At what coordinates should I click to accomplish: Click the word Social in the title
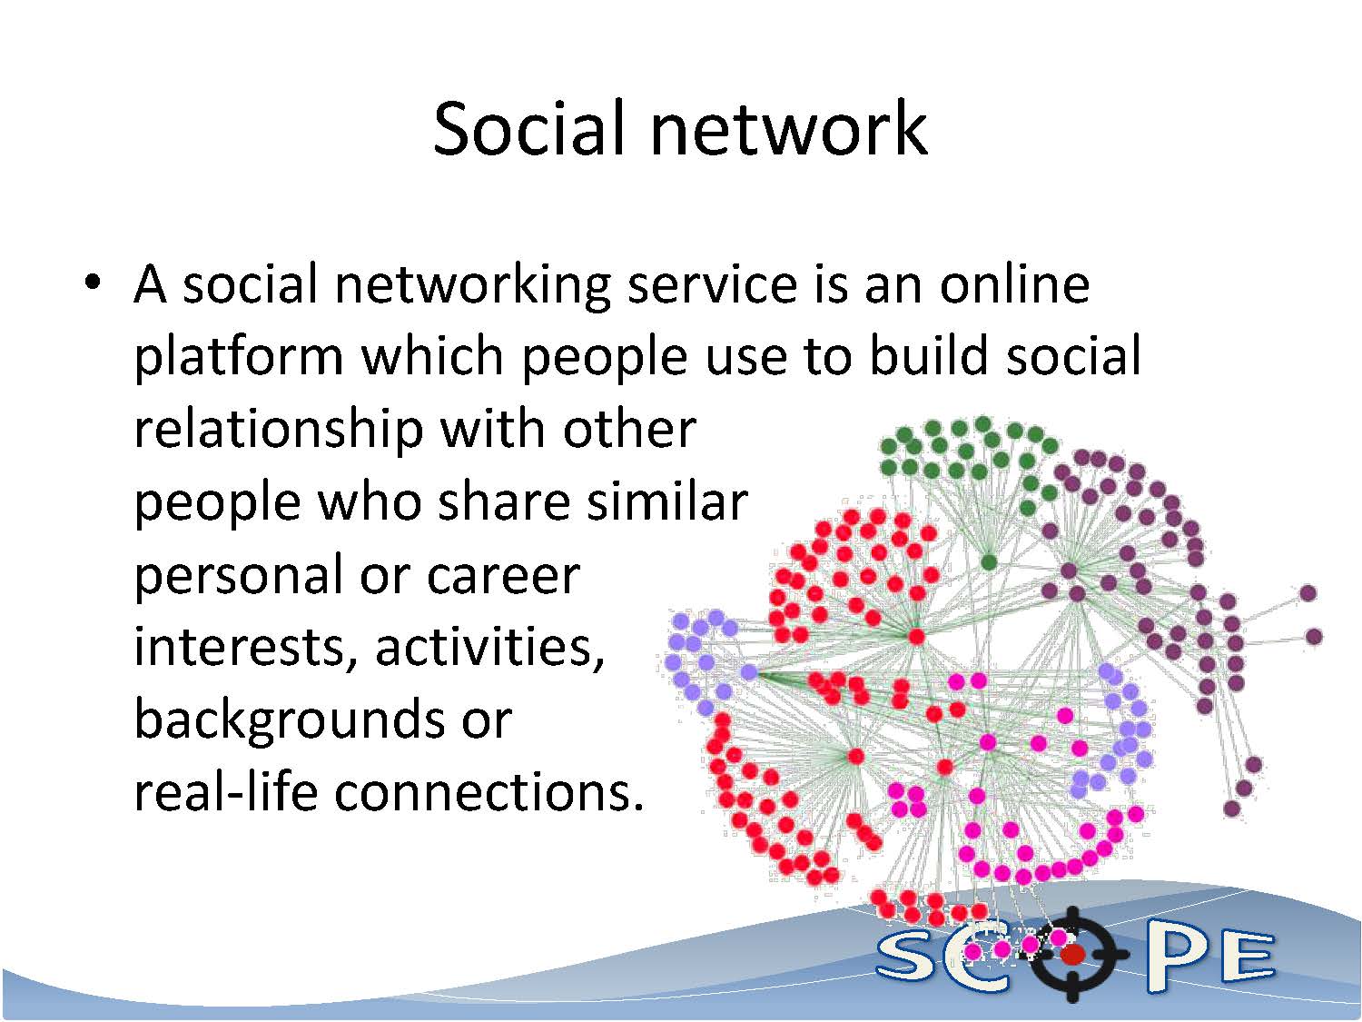pyautogui.click(x=528, y=129)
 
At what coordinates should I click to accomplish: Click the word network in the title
pyautogui.click(x=788, y=129)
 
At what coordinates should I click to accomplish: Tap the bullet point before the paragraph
pyautogui.click(x=94, y=283)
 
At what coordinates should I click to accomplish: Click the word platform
pyautogui.click(x=238, y=358)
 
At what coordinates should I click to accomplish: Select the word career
pyautogui.click(x=503, y=577)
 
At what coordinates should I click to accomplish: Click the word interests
pyautogui.click(x=238, y=648)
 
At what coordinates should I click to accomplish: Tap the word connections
pyautogui.click(x=489, y=794)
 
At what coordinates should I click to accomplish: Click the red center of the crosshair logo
pyautogui.click(x=1072, y=955)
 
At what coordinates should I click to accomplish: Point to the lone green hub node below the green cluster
pyautogui.click(x=989, y=562)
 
